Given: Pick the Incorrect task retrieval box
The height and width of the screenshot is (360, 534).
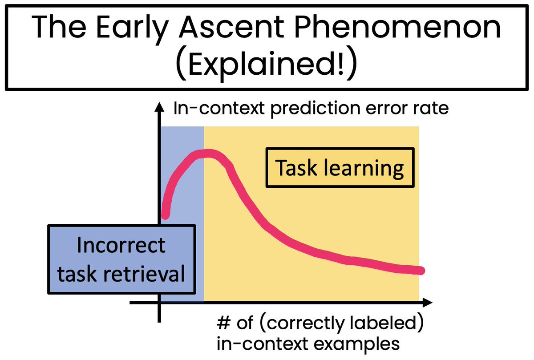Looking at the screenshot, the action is [121, 259].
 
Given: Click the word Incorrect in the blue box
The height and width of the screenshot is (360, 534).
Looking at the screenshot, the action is [121, 245].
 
